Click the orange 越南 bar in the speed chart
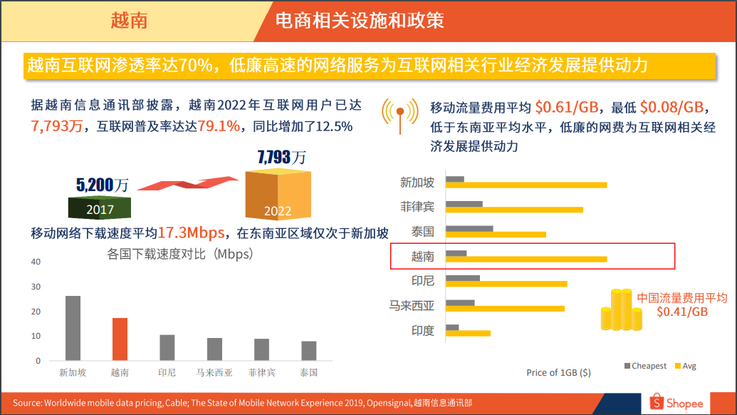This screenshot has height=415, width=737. tap(120, 339)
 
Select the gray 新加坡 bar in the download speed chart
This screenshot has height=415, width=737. tap(73, 328)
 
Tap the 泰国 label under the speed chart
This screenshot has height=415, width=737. tap(308, 372)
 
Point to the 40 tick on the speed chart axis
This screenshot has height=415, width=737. tap(36, 262)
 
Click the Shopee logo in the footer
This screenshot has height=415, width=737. tap(676, 403)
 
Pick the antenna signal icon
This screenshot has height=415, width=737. tap(399, 114)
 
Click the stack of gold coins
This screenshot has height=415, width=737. tap(616, 309)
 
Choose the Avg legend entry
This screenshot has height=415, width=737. tap(686, 366)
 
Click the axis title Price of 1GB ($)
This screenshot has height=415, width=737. tap(558, 372)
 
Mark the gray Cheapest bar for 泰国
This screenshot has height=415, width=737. tap(469, 229)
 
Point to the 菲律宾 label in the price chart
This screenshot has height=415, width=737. tap(417, 207)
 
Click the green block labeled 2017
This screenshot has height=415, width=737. tap(99, 207)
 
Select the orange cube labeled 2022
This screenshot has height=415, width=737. tap(278, 195)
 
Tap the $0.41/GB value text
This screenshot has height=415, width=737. tap(681, 312)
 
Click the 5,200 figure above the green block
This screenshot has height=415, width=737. tap(95, 186)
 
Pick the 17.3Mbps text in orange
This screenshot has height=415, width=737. tap(191, 233)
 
